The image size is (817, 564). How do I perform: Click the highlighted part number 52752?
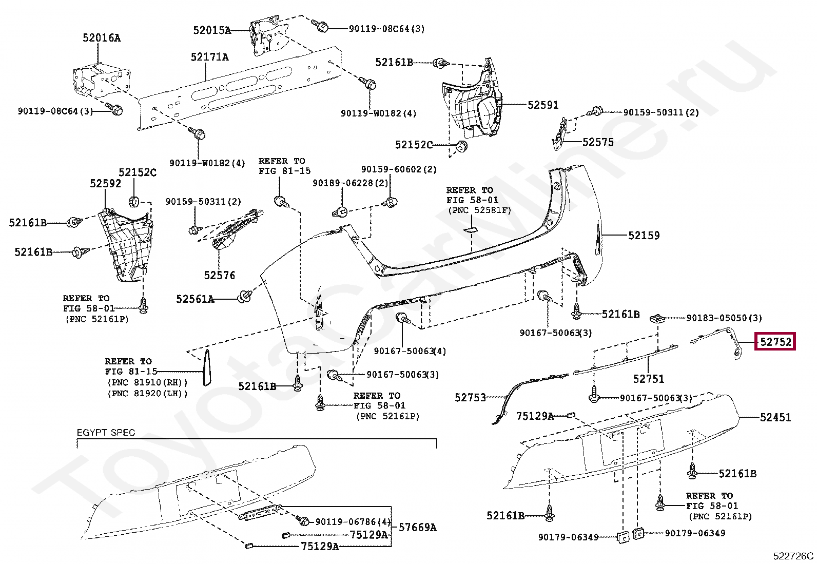click(x=775, y=341)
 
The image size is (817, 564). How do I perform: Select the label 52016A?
click(x=102, y=37)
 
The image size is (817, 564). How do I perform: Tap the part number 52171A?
click(x=209, y=57)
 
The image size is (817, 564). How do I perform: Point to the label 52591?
click(x=543, y=105)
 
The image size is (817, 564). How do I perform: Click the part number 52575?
click(x=598, y=142)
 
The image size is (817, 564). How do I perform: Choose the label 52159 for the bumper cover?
click(x=644, y=236)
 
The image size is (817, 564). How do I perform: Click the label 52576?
click(x=219, y=276)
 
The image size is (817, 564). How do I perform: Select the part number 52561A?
click(x=195, y=299)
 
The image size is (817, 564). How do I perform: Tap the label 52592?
click(x=105, y=184)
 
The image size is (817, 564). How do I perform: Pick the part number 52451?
click(x=775, y=418)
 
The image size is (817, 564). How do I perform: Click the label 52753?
click(x=470, y=397)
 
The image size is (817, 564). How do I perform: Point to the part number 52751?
click(x=648, y=379)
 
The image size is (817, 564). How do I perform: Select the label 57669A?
click(x=417, y=527)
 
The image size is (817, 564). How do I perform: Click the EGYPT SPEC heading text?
click(x=106, y=433)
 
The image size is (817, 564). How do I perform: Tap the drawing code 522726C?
click(x=793, y=556)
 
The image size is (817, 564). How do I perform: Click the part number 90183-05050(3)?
click(x=724, y=318)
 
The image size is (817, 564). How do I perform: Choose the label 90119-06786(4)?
click(x=353, y=521)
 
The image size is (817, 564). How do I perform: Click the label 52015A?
click(x=211, y=30)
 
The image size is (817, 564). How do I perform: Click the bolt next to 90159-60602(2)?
click(x=391, y=202)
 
